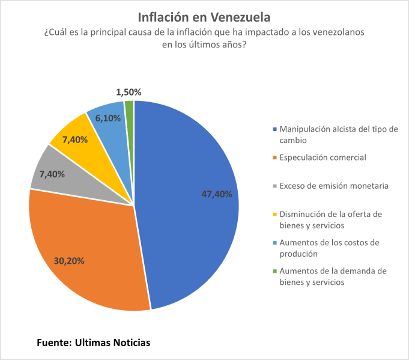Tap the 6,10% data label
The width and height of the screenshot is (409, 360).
(108, 118)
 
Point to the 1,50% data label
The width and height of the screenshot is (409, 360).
(129, 92)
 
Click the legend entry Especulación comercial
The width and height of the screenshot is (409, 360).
(323, 157)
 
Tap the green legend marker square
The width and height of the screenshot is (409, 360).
(275, 272)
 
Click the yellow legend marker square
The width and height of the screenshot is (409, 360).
(275, 215)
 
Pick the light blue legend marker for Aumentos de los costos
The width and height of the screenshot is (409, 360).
(275, 243)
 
